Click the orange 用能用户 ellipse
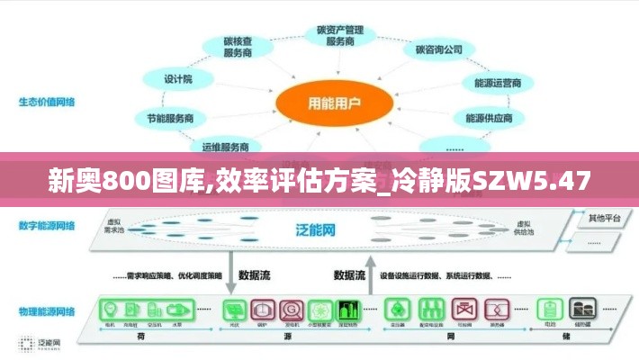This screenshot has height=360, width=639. coord(323,103)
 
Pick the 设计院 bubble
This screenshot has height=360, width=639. coord(178,79)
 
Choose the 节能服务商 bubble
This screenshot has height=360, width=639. coord(170,118)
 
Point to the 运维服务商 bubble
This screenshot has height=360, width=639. coord(225,146)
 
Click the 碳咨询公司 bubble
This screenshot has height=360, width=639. coord(439,49)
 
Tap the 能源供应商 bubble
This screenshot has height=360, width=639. coord(490,118)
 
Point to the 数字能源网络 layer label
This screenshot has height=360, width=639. coord(46,225)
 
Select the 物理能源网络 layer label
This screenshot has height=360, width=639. coord(46,311)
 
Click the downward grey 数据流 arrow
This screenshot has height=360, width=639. coord(230,279)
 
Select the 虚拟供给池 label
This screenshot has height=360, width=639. coord(525,227)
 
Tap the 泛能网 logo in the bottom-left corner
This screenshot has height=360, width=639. coord(40,343)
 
